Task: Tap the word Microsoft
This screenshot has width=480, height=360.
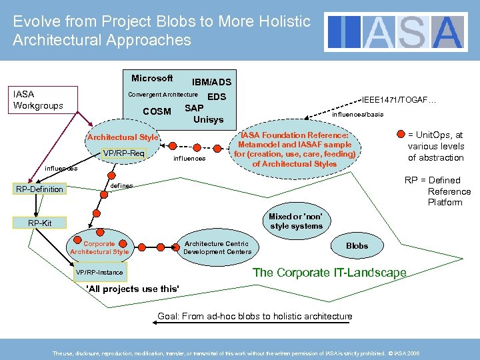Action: [x=152, y=79]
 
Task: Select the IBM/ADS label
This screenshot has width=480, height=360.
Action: [x=211, y=83]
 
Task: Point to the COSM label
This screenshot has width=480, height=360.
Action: [x=157, y=111]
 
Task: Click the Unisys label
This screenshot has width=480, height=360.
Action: [x=208, y=120]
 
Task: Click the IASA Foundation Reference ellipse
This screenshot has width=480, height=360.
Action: [x=294, y=149]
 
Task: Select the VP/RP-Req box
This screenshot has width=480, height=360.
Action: [x=124, y=154]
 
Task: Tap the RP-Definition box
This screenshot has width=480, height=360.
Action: [x=40, y=189]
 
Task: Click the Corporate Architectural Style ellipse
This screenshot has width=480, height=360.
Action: [x=99, y=248]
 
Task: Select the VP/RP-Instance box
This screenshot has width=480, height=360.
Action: [x=99, y=273]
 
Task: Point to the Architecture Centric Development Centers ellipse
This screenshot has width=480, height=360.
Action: [x=217, y=248]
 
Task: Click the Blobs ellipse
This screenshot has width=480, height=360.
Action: [x=357, y=246]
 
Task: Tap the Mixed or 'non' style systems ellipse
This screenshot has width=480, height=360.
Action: [x=295, y=221]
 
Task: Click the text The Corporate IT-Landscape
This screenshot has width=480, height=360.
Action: [x=329, y=273]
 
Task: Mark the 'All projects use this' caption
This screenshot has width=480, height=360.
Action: [x=133, y=289]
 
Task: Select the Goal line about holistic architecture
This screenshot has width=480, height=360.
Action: [x=255, y=316]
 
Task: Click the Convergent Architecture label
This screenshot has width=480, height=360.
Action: [x=163, y=95]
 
